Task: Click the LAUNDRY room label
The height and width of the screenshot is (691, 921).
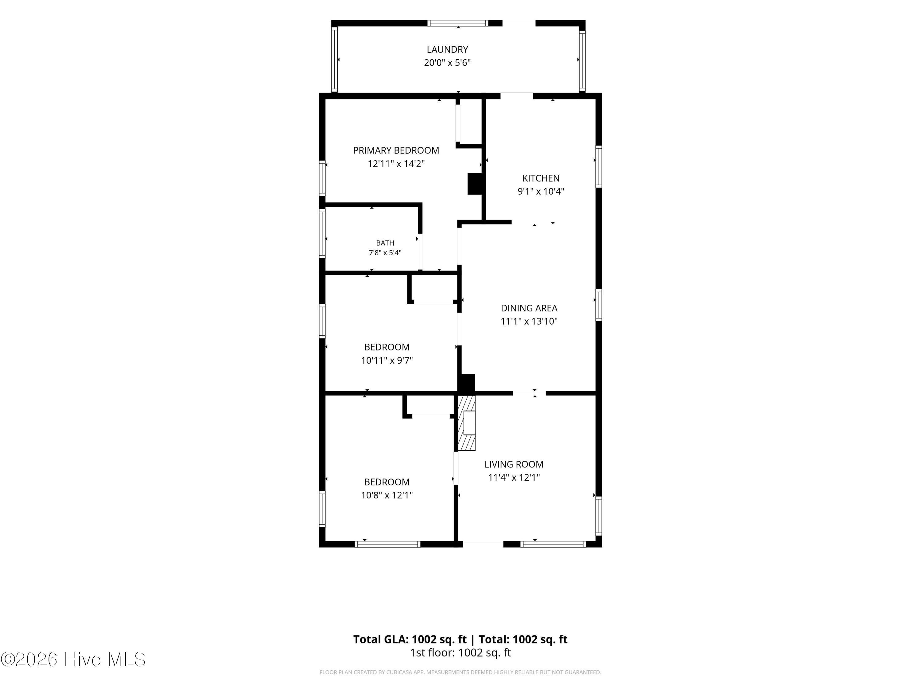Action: [x=447, y=49]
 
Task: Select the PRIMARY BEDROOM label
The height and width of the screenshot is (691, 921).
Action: [x=396, y=150]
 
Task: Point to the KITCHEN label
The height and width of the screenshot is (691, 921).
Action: [x=541, y=178]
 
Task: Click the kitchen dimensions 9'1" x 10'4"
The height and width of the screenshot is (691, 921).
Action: [x=541, y=192]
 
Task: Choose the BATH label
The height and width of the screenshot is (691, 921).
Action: [x=385, y=243]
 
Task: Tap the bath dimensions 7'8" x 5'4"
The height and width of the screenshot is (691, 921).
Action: [x=385, y=253]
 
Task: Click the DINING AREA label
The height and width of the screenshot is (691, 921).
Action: [x=529, y=308]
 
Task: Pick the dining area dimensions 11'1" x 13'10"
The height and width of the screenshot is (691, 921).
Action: [x=529, y=322]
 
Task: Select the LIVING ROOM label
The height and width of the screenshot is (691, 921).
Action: [x=514, y=464]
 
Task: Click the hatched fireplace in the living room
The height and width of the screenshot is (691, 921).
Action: [x=467, y=423]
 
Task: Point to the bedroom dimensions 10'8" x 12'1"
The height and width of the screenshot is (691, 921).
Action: [x=387, y=495]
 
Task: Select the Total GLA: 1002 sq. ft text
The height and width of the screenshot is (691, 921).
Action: [x=410, y=639]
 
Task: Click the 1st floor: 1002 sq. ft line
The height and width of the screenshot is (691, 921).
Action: [x=460, y=653]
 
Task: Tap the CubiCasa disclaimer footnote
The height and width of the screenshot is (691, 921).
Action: [x=460, y=672]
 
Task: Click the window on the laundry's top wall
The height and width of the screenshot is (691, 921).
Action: [x=458, y=23]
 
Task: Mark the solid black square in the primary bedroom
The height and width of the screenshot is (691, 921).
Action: [x=475, y=184]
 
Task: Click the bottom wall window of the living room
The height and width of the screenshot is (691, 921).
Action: [x=553, y=544]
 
